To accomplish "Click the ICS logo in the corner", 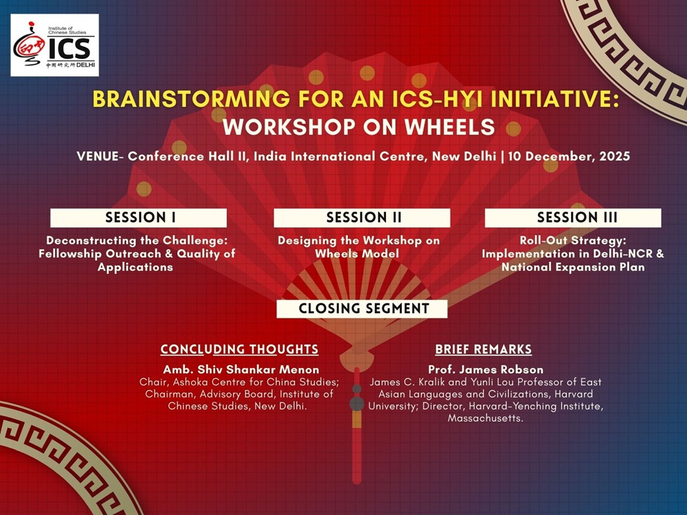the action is pos(55,45).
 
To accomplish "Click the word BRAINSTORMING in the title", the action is pos(191,99).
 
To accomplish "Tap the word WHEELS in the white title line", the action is pos(449,127).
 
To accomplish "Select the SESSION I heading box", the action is pos(139,218).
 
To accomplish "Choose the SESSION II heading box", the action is pos(362,218).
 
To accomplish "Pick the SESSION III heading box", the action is pos(573,218).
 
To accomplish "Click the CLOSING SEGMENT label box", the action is pos(362,309).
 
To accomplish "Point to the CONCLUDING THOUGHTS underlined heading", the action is pos(239,350).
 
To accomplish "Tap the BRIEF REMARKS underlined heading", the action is pos(483,350).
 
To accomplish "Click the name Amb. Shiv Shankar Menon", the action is pos(241,369).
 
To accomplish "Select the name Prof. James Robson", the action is pos(486,369).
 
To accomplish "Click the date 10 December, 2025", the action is pos(569,157).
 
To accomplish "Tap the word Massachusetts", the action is pos(486,418).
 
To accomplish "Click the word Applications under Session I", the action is pos(135,267).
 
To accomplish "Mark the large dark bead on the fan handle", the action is pos(357,404).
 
